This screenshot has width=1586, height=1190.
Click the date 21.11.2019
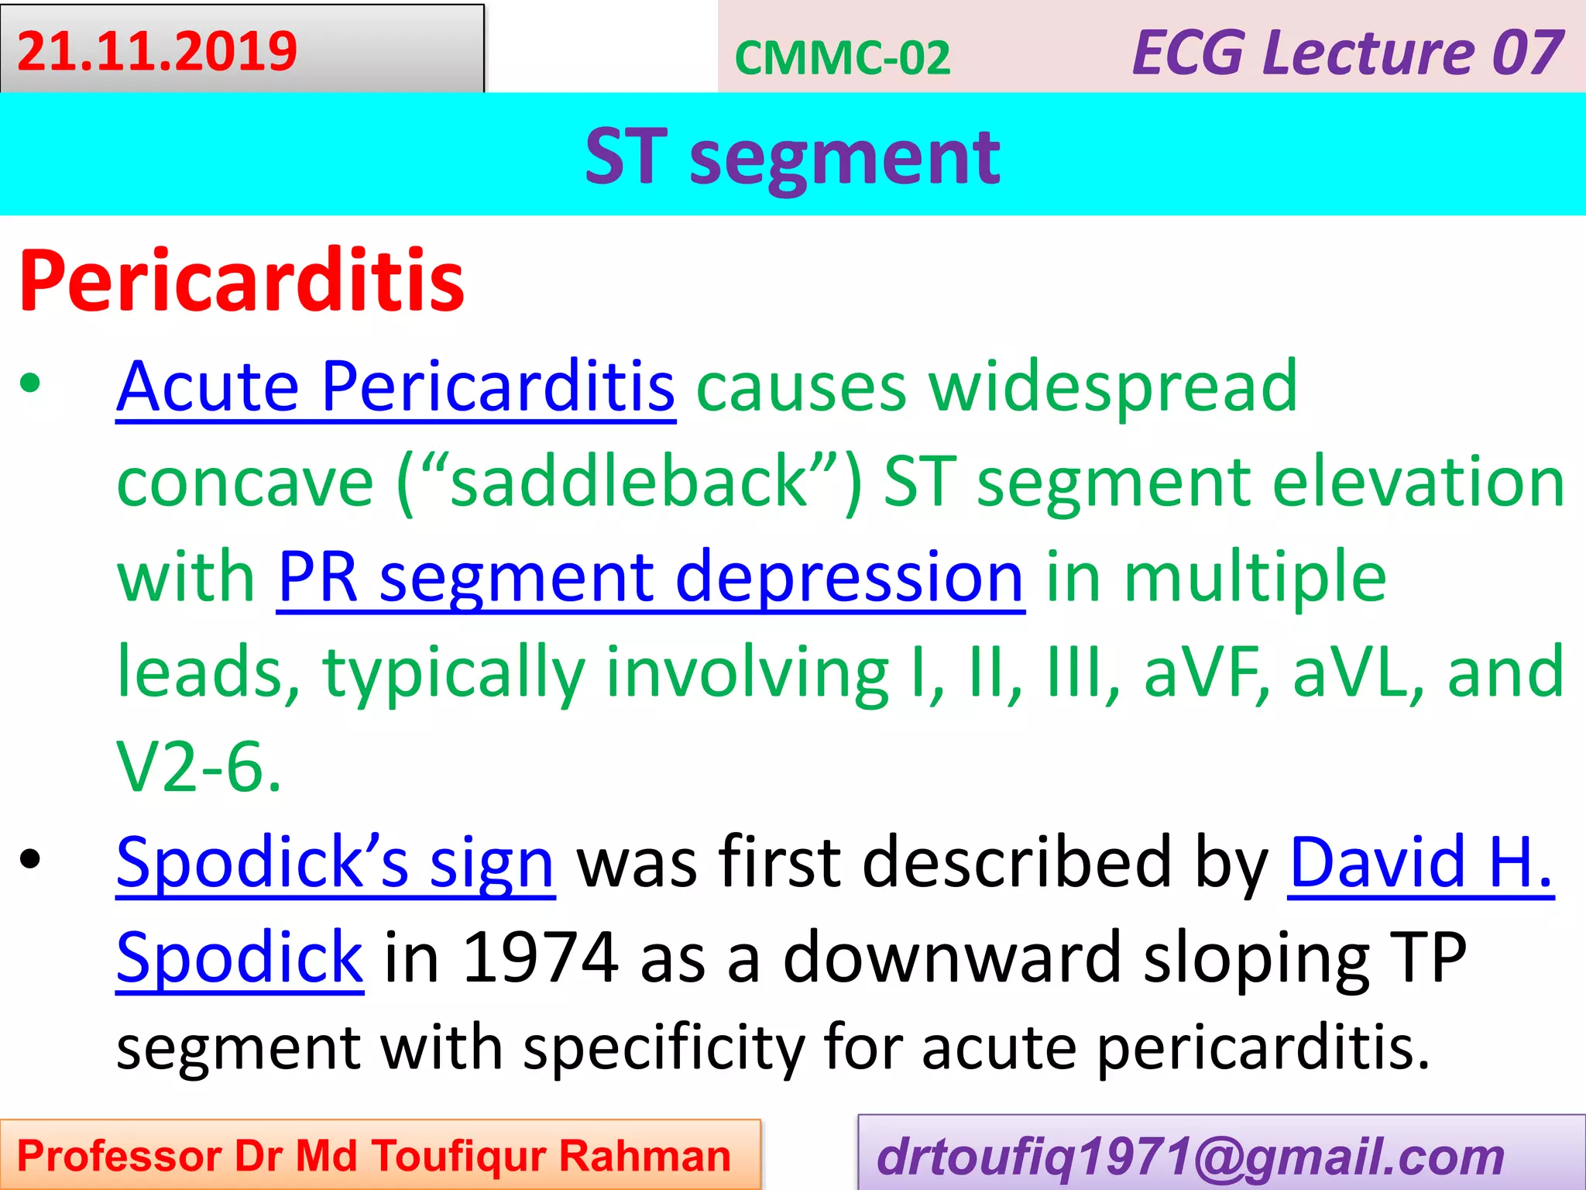[157, 51]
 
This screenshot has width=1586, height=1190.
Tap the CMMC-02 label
[842, 58]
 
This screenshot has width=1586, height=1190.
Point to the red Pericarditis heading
[242, 280]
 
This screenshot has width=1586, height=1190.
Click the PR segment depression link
[651, 577]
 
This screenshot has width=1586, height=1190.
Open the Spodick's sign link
[335, 862]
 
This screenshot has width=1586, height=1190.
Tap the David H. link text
[1420, 862]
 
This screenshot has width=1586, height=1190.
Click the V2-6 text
[198, 767]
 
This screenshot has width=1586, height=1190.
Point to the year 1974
[541, 958]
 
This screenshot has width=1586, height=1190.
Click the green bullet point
[30, 384]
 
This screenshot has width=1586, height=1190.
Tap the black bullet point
[30, 859]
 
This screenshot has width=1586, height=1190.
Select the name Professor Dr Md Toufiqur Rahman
[374, 1156]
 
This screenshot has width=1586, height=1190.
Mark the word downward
[953, 958]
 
